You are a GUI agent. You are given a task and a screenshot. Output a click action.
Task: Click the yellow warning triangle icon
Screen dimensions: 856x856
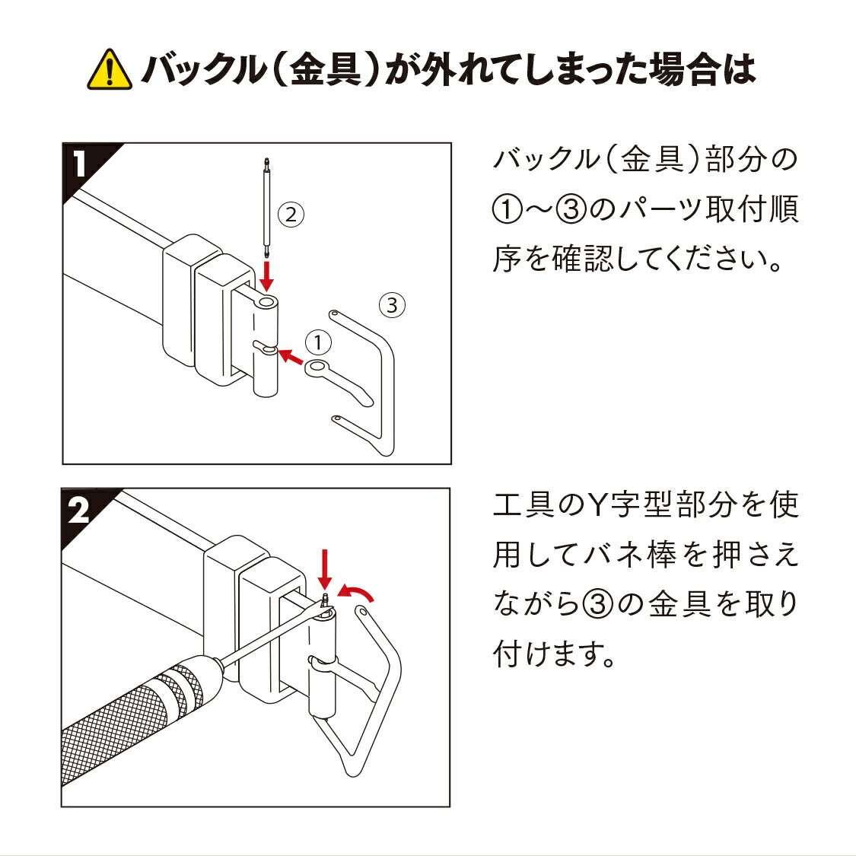[x=110, y=70]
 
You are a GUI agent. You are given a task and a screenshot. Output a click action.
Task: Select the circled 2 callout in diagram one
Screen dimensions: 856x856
[x=291, y=215]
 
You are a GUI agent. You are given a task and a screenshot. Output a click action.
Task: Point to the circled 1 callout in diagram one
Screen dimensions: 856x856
[x=318, y=343]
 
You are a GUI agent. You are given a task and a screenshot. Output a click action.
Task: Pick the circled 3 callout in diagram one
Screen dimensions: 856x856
[x=392, y=304]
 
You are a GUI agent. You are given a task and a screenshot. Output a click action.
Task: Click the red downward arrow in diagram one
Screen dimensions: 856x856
[x=266, y=276]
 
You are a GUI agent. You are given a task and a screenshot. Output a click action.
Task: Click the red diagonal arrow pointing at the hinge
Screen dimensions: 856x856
[x=291, y=357]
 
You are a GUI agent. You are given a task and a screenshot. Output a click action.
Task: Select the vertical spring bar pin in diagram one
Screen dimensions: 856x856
[x=266, y=208]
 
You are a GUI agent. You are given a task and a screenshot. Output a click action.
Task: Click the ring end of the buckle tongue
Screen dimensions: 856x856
[x=317, y=367]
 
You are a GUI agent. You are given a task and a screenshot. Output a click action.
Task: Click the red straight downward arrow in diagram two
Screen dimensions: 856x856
[x=325, y=570]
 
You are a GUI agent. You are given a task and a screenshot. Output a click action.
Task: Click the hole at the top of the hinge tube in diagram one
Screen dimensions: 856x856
[x=266, y=301]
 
